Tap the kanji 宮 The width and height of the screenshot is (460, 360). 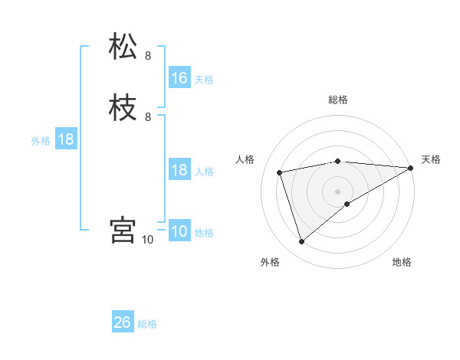123,230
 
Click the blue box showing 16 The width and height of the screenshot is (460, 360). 179,78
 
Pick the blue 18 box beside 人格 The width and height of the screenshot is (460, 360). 179,170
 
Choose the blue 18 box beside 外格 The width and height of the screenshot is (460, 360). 65,139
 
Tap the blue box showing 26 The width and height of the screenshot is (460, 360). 123,322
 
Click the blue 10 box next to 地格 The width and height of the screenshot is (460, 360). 179,231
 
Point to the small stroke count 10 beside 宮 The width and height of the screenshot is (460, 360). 148,240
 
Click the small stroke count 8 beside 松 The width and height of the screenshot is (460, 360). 148,55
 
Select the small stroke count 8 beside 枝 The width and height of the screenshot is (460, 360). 148,117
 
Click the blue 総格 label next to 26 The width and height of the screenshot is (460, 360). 148,324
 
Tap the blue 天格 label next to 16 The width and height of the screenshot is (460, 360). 204,80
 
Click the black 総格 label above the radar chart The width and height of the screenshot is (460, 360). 338,100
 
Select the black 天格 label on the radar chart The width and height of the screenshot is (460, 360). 431,159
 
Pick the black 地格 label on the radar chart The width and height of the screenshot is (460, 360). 402,263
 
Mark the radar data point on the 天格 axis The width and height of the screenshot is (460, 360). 412,168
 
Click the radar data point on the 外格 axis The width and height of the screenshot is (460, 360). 301,242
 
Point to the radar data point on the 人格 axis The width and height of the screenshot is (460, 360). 280,172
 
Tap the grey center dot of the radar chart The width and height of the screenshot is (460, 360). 338,191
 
